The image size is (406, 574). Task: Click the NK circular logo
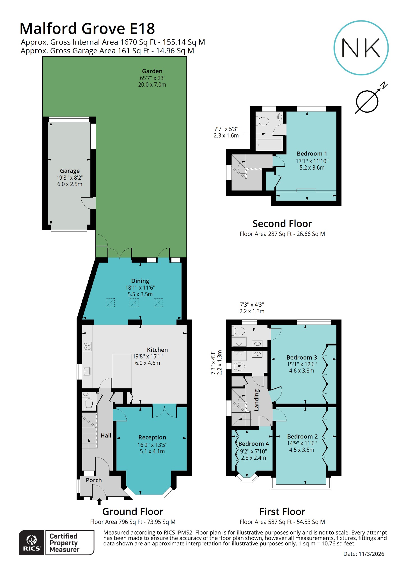(361, 48)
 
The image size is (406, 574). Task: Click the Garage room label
(70, 171)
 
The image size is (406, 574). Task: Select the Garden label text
(152, 71)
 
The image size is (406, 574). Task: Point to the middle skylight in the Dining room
(134, 303)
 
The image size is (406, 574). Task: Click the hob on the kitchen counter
(87, 346)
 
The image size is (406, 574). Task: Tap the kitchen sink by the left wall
(87, 372)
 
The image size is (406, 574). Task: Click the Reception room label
(152, 438)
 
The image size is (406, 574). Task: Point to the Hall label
(106, 436)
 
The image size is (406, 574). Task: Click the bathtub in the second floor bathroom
(270, 145)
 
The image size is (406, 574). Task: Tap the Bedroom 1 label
(312, 154)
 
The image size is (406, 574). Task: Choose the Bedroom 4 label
(253, 444)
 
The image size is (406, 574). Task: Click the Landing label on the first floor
(256, 400)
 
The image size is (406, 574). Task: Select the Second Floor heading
(282, 224)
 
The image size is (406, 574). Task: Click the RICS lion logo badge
(31, 543)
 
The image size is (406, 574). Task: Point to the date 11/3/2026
(371, 554)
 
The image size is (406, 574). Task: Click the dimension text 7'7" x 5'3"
(226, 129)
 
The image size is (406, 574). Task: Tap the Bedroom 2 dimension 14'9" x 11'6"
(302, 443)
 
